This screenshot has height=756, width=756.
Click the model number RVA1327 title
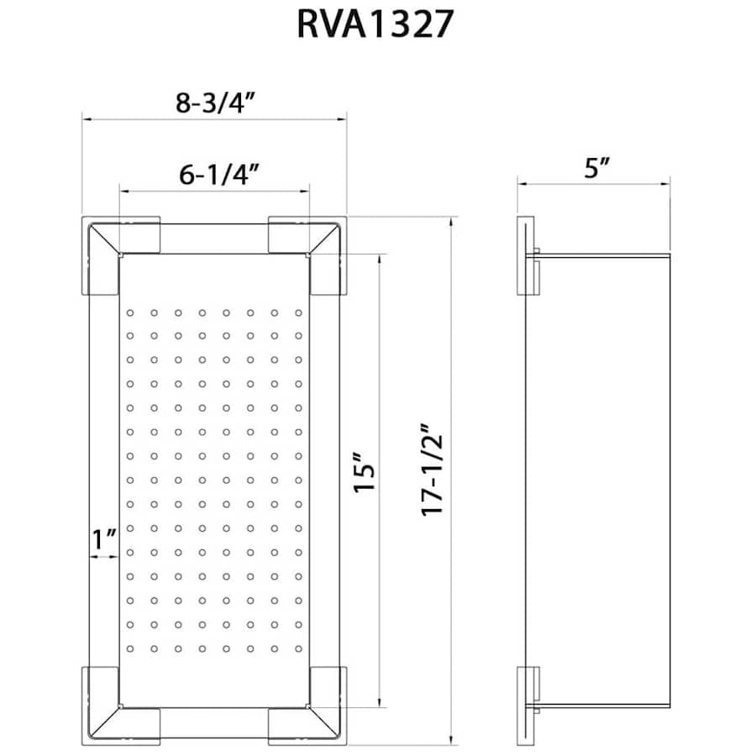pyautogui.click(x=375, y=25)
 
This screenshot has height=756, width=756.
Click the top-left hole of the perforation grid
pyautogui.click(x=130, y=313)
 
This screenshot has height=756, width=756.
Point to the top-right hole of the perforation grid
pyautogui.click(x=298, y=313)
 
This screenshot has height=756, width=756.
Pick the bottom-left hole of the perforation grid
pyautogui.click(x=130, y=648)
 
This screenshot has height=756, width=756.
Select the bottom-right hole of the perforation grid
pyautogui.click(x=298, y=648)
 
